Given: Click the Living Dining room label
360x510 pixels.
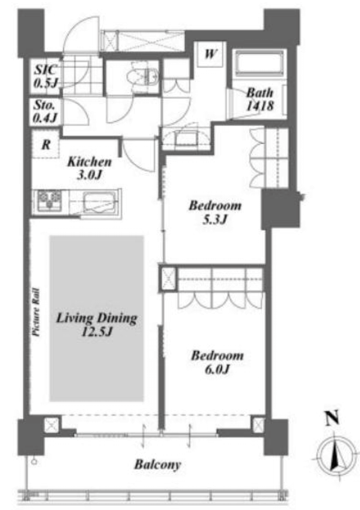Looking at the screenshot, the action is tap(97, 318).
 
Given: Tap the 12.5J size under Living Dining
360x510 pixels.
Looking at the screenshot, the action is tap(97, 332).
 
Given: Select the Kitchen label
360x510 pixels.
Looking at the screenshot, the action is tap(89, 161).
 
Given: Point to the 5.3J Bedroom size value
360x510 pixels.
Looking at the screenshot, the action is tap(214, 219).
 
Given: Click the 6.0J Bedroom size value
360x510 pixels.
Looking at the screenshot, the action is tap(217, 369).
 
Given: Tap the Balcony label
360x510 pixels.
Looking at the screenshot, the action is tap(158, 464).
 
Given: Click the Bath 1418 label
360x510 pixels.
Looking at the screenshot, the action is tap(260, 99).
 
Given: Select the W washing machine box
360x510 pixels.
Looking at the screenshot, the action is tap(210, 54).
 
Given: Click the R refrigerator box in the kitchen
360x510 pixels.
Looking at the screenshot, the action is tap(46, 144).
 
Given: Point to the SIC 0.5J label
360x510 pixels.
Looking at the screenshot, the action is tap(46, 76).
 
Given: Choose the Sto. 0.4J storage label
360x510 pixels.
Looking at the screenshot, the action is tap(45, 111).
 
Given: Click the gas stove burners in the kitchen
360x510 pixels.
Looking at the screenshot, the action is tap(50, 200).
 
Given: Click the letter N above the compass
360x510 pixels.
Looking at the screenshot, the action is tap(332, 418).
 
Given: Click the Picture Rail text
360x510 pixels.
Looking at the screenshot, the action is tap(36, 312).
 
